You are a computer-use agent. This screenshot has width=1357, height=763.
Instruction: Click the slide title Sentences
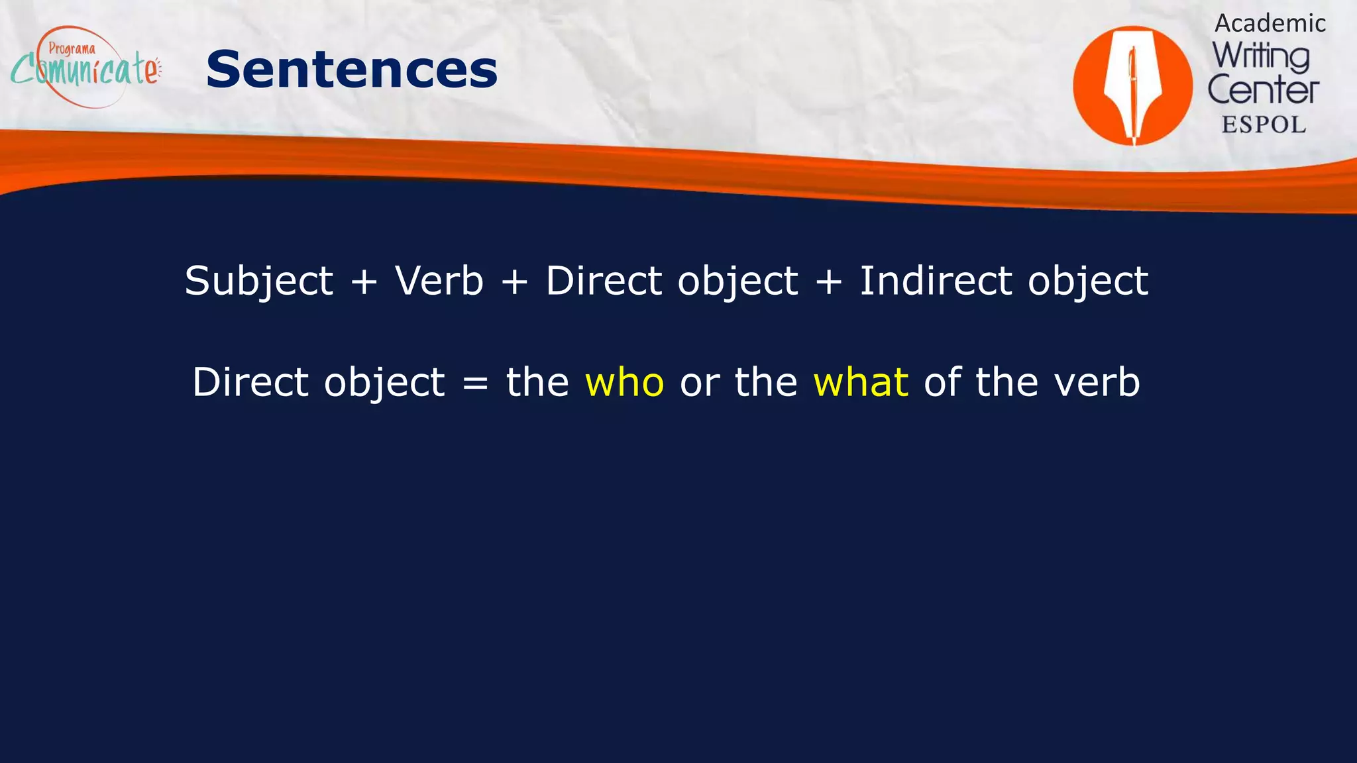[351, 70]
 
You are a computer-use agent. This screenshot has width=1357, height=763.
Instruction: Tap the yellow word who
[624, 382]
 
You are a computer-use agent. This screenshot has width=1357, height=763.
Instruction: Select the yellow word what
[860, 382]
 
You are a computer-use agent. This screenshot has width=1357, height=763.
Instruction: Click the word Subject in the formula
[258, 281]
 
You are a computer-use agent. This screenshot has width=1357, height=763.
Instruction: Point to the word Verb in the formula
[439, 280]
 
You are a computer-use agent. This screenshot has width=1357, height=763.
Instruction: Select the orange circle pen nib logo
[1132, 85]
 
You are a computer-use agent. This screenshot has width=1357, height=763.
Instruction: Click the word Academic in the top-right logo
[1270, 24]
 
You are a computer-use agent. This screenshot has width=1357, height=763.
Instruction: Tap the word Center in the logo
[1263, 91]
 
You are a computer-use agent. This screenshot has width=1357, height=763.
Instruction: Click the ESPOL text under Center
[1264, 125]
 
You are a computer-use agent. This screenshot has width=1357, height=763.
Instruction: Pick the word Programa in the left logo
[72, 49]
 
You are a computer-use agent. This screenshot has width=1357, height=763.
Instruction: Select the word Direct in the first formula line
[604, 280]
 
